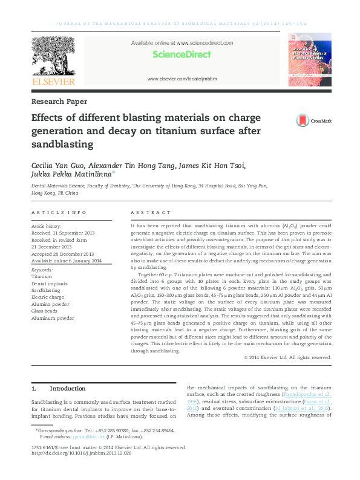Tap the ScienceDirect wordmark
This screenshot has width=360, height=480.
[182, 54]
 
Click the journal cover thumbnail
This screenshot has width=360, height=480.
[310, 62]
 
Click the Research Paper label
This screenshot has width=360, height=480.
[59, 102]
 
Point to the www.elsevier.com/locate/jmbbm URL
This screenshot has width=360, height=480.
[182, 79]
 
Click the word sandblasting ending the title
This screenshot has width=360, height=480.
[62, 144]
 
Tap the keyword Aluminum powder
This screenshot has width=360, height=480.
[53, 318]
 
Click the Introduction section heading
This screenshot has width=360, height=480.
[67, 388]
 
